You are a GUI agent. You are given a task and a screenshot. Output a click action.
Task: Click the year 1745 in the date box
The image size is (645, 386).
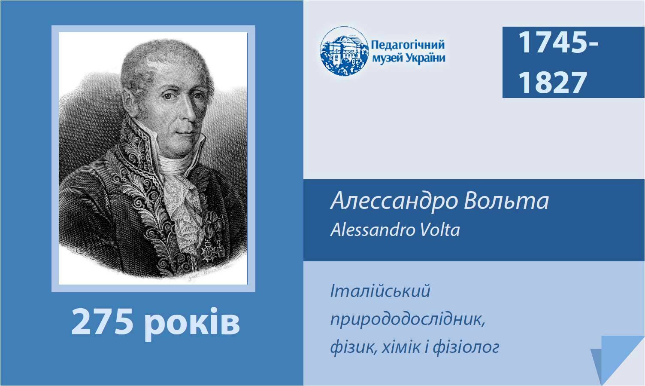553,43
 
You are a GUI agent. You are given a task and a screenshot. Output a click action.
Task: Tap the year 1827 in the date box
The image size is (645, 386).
553,83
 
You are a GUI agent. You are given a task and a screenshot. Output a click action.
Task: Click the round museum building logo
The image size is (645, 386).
344,51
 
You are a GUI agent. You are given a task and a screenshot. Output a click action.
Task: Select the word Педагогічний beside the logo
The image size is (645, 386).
408,45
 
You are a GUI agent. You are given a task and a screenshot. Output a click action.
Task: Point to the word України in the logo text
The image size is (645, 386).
426,58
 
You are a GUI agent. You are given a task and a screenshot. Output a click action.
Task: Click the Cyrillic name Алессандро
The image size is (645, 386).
394,202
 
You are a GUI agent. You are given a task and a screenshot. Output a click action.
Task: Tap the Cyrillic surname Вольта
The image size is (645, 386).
506,201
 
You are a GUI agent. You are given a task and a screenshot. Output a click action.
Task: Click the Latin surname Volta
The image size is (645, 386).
440,230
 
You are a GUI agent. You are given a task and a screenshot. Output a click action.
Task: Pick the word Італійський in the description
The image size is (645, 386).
380,291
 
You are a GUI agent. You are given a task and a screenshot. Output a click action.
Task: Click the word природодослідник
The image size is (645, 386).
408,320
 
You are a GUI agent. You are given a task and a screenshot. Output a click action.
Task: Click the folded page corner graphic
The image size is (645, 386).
616,359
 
